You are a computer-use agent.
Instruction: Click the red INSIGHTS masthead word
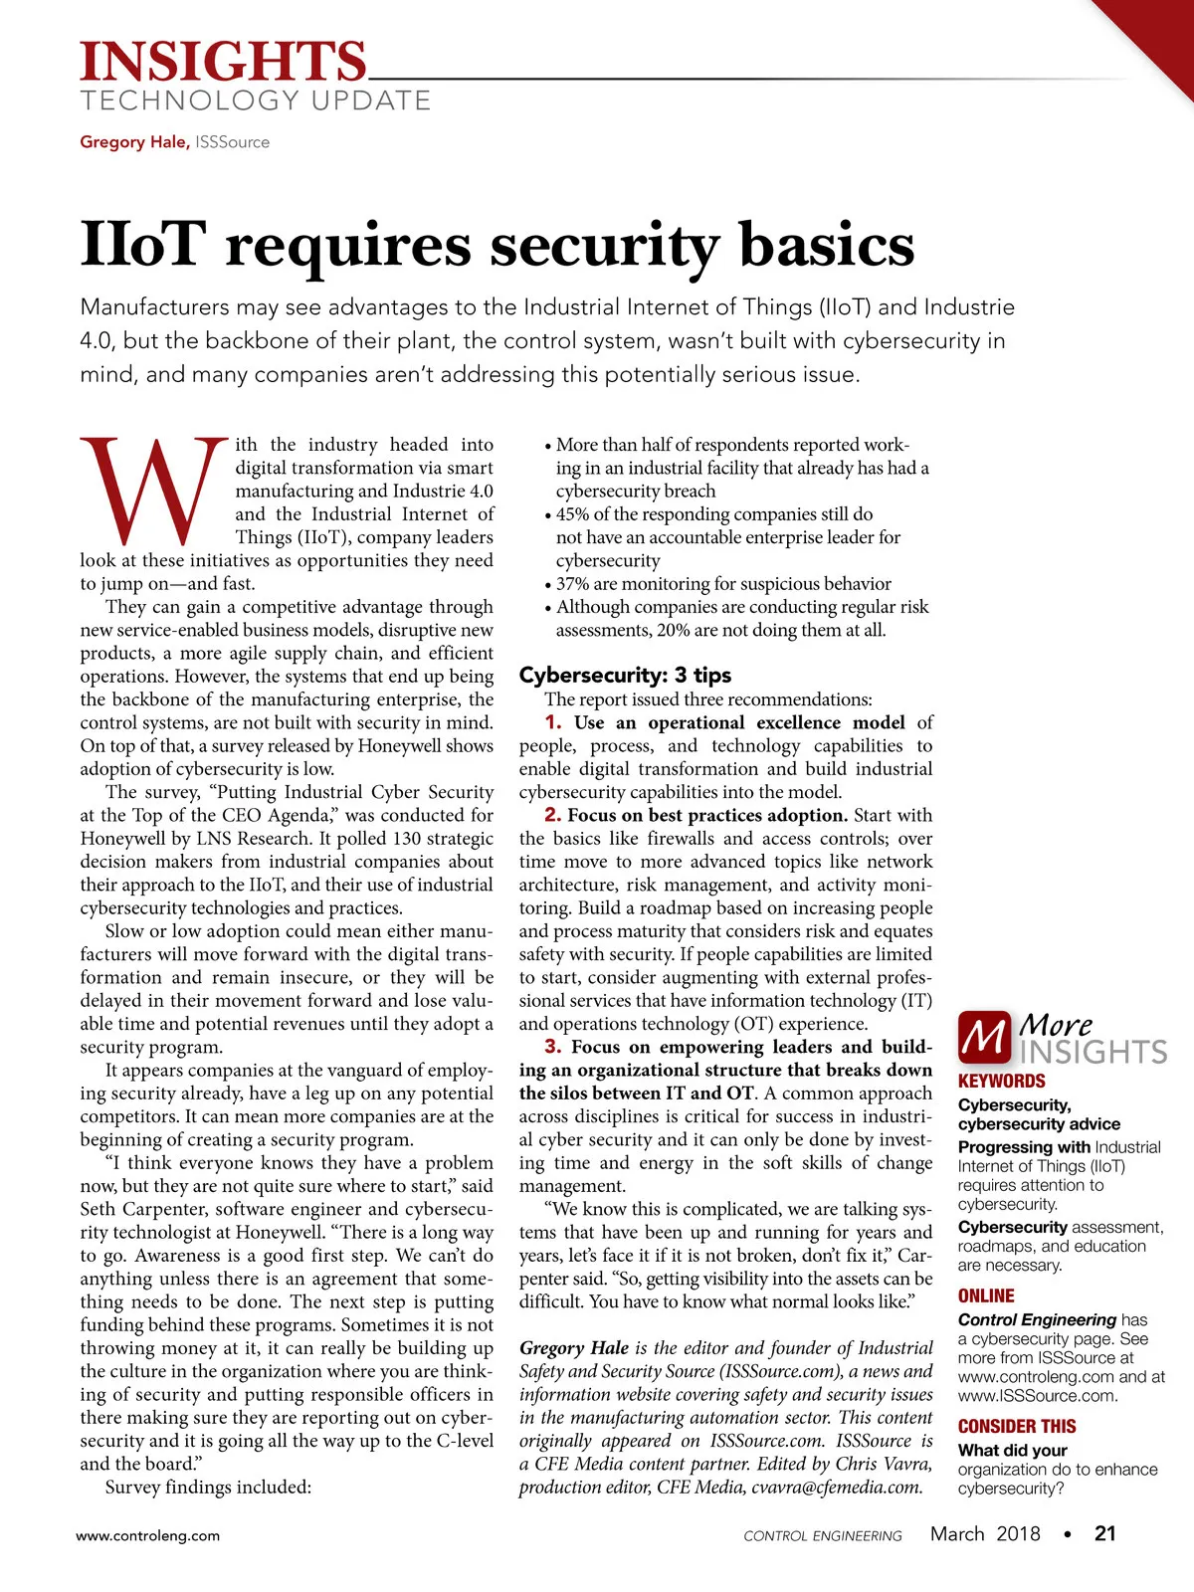pos(223,62)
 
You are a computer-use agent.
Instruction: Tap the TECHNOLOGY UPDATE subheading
pos(256,101)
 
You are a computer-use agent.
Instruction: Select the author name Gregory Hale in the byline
pos(134,142)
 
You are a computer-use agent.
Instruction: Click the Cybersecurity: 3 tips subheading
pos(625,676)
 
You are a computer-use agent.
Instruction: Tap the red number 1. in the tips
pos(553,722)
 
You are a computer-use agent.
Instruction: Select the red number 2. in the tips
pos(553,815)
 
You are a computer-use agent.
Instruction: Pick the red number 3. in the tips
pos(553,1047)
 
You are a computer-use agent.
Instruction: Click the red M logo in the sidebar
pos(984,1038)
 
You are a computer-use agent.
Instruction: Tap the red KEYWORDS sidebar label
pos(1001,1082)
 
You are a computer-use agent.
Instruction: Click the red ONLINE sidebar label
pos(986,1296)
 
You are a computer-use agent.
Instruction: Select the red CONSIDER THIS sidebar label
pos(1017,1427)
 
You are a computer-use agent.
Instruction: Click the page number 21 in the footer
pos(1105,1534)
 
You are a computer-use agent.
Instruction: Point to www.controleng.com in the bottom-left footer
pos(148,1535)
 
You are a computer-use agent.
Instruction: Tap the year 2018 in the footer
pos(1018,1534)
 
